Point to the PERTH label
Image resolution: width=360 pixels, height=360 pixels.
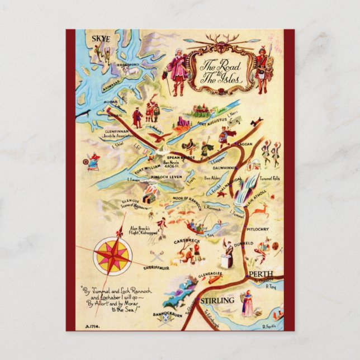[262, 274]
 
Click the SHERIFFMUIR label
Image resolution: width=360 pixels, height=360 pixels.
[140, 269]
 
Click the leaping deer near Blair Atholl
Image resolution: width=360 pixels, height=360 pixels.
[259, 211]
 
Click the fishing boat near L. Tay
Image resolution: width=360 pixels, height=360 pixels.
[195, 227]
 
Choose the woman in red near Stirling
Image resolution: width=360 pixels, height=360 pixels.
[247, 305]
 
